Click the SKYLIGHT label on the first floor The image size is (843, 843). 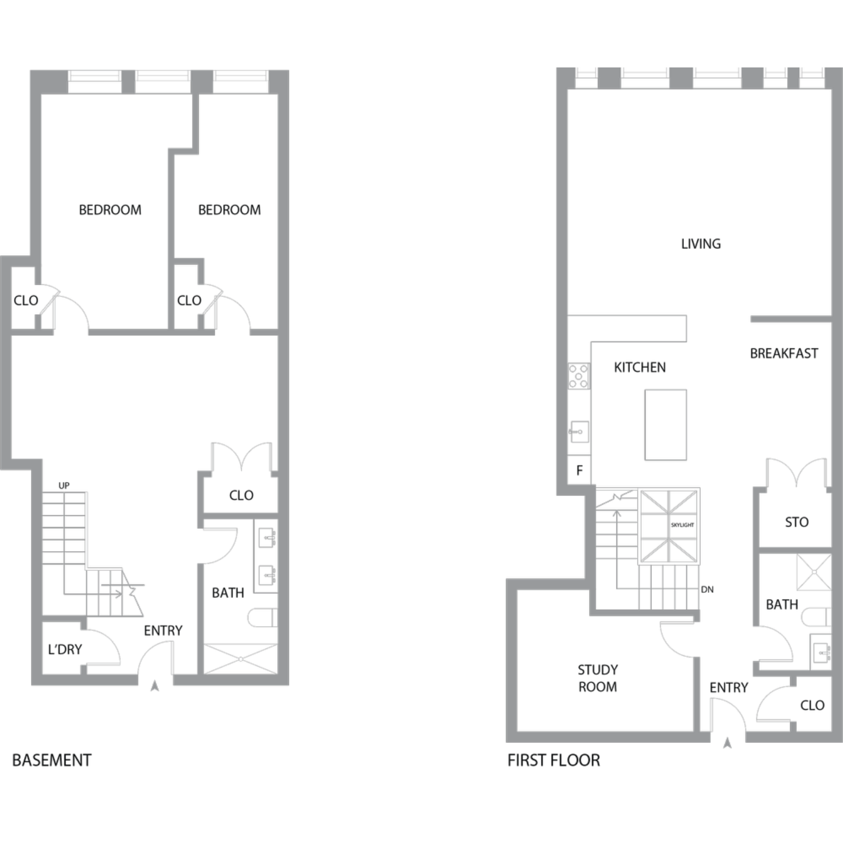682,525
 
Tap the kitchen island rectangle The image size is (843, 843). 665,425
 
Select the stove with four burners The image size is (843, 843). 578,376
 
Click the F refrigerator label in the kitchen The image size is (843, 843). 579,470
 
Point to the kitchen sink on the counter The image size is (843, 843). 578,432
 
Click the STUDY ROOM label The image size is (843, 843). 598,678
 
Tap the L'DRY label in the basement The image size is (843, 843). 65,650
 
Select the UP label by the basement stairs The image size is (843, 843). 64,486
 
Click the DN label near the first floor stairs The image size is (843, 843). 707,590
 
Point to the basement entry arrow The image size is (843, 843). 155,686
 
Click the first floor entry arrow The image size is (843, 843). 727,744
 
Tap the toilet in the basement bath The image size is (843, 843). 262,617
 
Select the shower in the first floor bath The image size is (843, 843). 813,572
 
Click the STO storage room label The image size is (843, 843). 796,522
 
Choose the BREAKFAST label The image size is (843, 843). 784,353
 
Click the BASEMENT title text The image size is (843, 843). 52,760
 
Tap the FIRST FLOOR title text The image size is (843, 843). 554,760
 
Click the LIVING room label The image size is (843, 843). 701,244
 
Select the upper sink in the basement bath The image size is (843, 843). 267,538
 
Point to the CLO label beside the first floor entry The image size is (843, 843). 812,705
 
